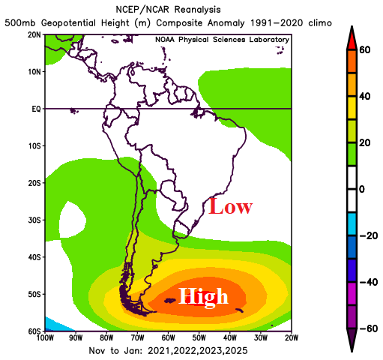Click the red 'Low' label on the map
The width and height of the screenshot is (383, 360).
coord(230,207)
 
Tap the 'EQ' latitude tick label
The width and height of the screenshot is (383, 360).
coord(34,109)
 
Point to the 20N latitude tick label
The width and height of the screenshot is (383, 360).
coord(33,35)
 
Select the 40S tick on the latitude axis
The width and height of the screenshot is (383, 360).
coord(33,256)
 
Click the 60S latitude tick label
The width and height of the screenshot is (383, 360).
coord(33,331)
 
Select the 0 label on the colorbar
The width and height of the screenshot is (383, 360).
coord(364,189)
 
